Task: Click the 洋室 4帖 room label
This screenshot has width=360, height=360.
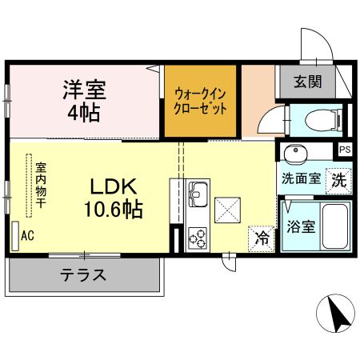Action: click(84, 99)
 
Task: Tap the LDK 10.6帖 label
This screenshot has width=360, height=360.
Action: click(115, 198)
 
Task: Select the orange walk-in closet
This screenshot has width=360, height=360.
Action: click(200, 101)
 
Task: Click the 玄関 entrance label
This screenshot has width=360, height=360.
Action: click(306, 81)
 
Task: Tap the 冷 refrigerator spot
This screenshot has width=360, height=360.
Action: click(261, 237)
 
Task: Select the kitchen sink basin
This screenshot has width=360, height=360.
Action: click(197, 194)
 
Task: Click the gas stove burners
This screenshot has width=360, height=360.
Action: click(197, 238)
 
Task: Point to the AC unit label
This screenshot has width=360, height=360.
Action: click(26, 235)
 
